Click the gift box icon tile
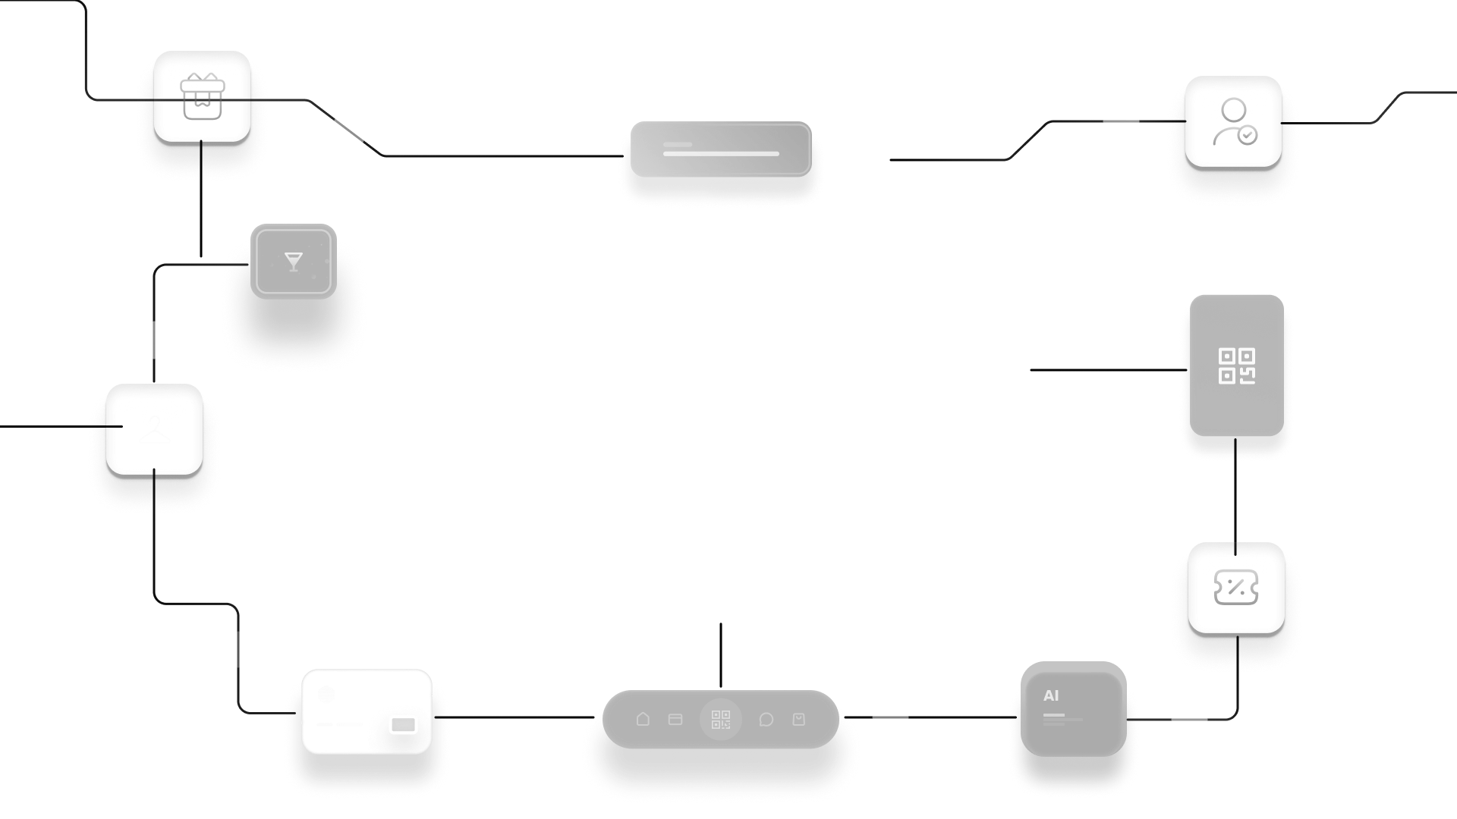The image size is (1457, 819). pyautogui.click(x=202, y=96)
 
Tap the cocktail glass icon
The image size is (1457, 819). pyautogui.click(x=293, y=262)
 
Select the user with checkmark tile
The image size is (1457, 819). pyautogui.click(x=1233, y=121)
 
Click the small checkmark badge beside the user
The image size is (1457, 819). pyautogui.click(x=1248, y=136)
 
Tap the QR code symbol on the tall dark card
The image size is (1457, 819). pyautogui.click(x=1236, y=366)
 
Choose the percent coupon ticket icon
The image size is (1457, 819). pyautogui.click(x=1236, y=588)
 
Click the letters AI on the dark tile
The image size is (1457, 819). pyautogui.click(x=1051, y=695)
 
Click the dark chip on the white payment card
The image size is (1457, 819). pyautogui.click(x=403, y=725)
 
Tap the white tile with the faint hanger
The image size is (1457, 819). pyautogui.click(x=154, y=429)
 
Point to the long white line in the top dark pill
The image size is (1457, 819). pyautogui.click(x=721, y=153)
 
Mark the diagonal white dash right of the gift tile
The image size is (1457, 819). pyautogui.click(x=349, y=130)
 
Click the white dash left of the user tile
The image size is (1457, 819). pyautogui.click(x=1121, y=121)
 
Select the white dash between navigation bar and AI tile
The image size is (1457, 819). pyautogui.click(x=890, y=717)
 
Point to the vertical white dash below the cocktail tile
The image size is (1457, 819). pyautogui.click(x=154, y=340)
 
